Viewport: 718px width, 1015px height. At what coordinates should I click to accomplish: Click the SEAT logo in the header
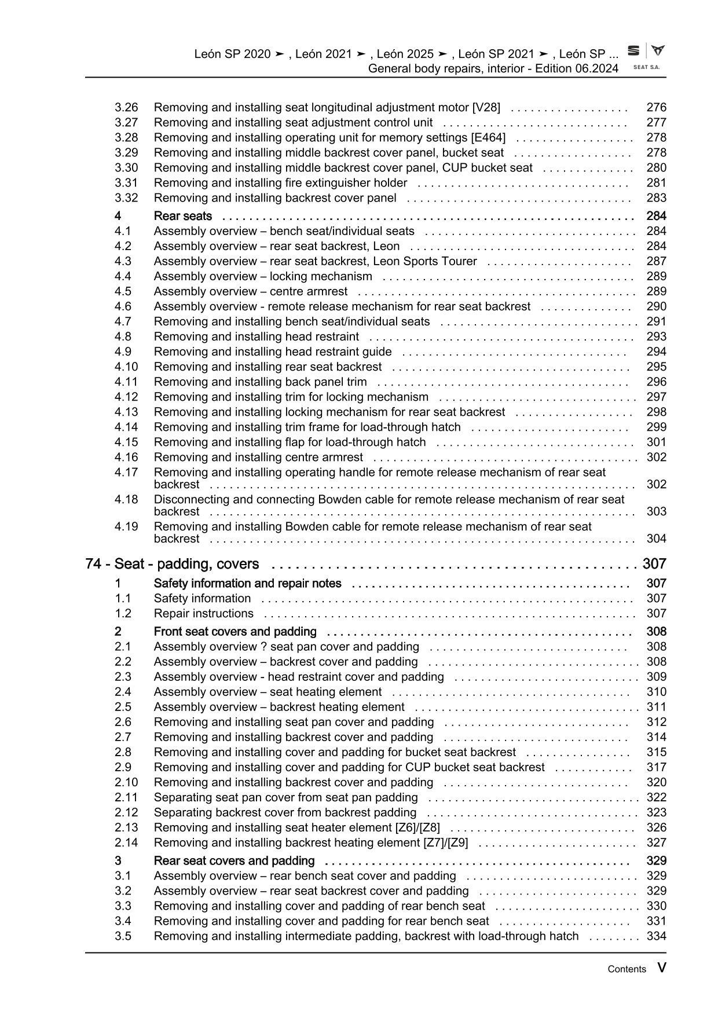[646, 56]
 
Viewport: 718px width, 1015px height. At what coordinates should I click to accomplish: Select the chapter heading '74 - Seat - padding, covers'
[172, 564]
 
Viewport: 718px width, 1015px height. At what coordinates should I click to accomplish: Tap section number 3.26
[126, 108]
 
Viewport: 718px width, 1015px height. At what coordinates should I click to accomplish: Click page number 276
[656, 108]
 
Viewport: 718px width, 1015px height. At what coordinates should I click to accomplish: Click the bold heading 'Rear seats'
[183, 217]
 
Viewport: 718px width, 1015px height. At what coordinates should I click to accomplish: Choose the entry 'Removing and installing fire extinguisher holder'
[280, 183]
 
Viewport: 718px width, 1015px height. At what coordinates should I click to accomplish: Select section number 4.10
[126, 367]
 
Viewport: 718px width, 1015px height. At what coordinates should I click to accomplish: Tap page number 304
[656, 539]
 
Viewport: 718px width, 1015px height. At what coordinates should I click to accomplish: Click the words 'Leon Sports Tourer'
[440, 262]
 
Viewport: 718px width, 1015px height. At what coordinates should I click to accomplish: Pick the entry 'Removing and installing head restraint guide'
[273, 352]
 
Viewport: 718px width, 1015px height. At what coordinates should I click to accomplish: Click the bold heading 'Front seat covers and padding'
[235, 632]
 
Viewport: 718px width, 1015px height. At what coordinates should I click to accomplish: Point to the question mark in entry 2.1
[263, 647]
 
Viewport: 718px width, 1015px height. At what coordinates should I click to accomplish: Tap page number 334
[656, 936]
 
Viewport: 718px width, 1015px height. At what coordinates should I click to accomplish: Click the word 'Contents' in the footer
[627, 969]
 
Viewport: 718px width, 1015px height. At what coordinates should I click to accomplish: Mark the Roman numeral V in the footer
[661, 968]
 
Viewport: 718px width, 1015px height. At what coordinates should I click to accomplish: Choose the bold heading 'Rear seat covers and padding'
[234, 861]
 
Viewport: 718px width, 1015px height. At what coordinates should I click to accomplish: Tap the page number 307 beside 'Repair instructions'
[656, 614]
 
